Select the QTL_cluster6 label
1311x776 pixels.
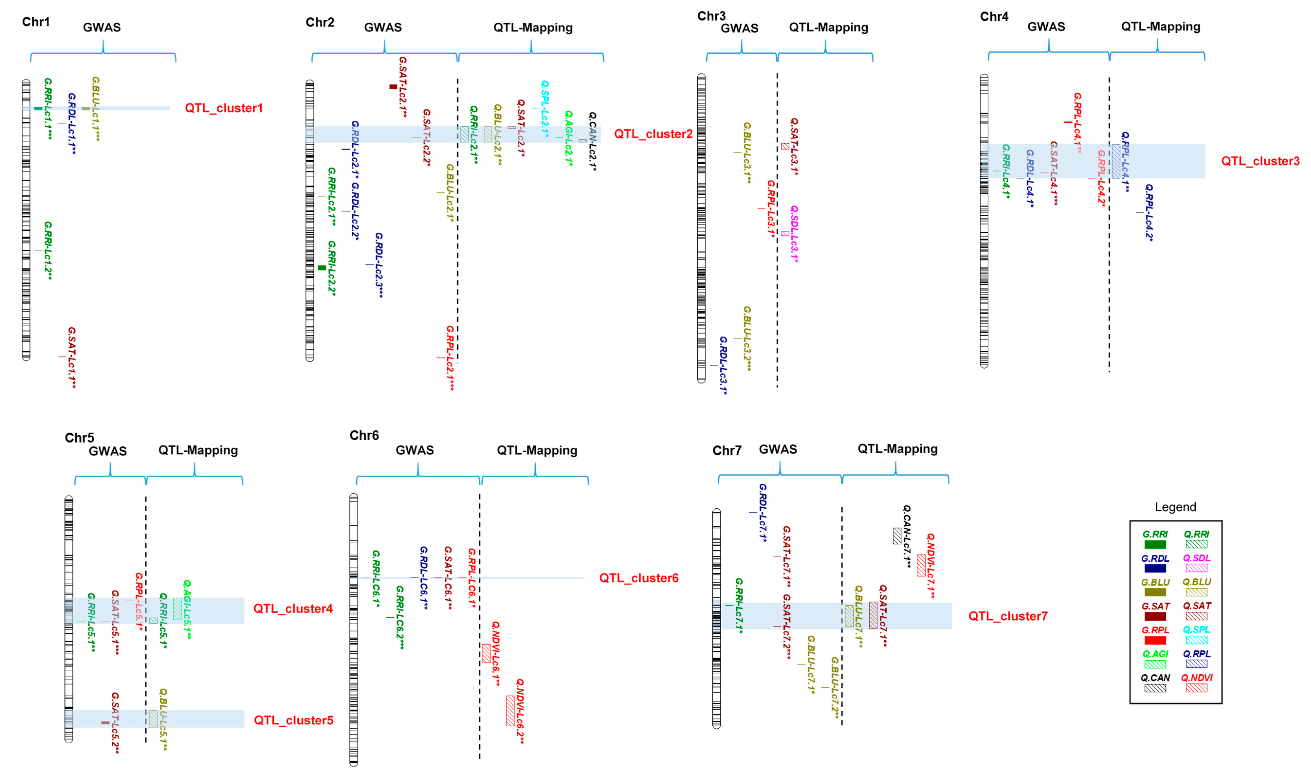point(639,578)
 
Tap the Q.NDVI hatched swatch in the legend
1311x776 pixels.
point(1196,688)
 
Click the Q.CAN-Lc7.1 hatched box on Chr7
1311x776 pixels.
point(897,536)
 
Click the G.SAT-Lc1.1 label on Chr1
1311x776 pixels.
point(72,358)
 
